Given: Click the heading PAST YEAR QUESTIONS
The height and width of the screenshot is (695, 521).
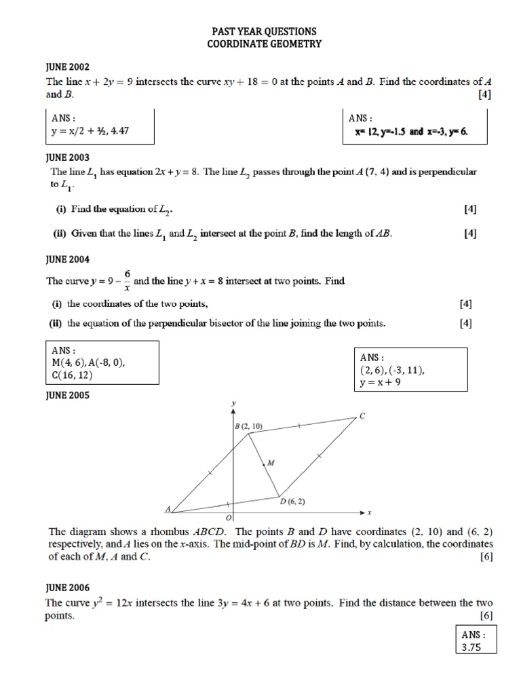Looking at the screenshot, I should pos(264,32).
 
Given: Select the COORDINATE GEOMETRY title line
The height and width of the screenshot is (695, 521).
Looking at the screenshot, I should pos(264,44).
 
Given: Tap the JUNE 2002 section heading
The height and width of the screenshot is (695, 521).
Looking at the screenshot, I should pos(67,69).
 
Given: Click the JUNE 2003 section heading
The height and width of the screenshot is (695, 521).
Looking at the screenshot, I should pos(67,157).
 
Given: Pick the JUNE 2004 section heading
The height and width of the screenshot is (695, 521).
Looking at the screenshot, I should pos(67,259).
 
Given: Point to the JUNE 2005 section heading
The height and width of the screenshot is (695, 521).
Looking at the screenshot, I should pos(67,394).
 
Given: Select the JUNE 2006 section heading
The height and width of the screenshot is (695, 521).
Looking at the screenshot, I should pos(67,588).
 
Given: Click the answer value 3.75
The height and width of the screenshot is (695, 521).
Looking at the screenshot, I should pos(471,647).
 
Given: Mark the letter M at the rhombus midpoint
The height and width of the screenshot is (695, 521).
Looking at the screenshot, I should pos(270,463).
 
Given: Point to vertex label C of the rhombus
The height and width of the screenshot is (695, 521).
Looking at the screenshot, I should pos(362,416).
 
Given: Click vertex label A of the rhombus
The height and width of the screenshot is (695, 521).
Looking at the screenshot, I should pos(168,508).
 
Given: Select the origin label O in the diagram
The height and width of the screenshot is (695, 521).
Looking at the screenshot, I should pos(229,518).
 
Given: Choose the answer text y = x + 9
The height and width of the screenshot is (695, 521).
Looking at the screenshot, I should pos(382,383).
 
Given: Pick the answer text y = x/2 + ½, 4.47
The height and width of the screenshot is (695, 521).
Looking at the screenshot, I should pos(90,131).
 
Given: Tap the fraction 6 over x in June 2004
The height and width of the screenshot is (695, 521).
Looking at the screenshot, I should pos(127,280).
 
